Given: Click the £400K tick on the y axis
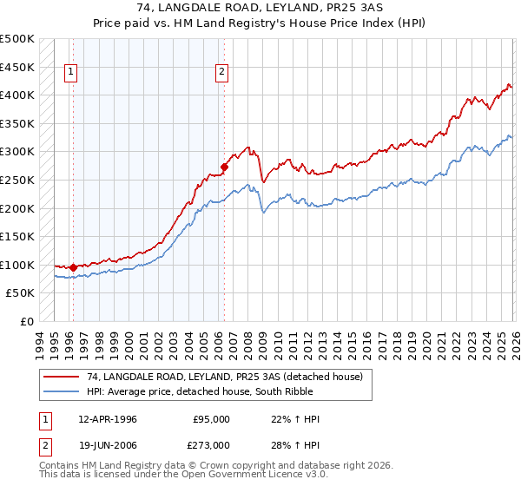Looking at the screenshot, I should tap(17, 95).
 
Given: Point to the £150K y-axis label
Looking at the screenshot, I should tap(17, 236).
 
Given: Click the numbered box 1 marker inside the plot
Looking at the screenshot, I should tap(70, 73).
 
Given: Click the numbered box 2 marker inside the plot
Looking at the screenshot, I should tap(222, 73).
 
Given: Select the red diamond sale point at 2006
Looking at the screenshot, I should tap(224, 167).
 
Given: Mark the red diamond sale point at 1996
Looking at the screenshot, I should tap(73, 267).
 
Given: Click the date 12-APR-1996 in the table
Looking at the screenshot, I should tap(107, 419).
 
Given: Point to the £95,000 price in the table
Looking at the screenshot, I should tap(209, 419).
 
